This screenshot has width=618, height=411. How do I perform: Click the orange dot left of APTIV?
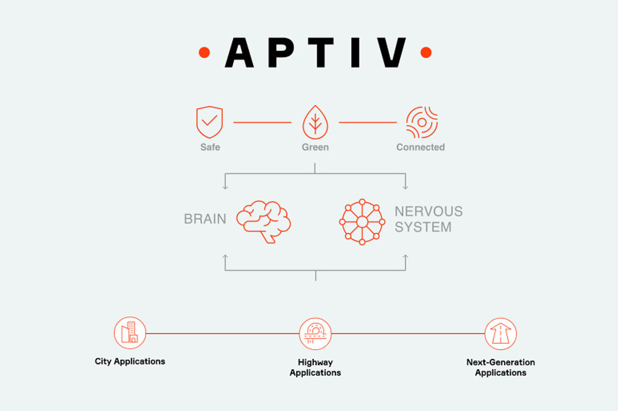click(x=204, y=53)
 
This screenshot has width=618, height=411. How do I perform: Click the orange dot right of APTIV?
click(x=426, y=53)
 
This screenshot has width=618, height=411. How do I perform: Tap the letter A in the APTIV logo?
click(x=239, y=53)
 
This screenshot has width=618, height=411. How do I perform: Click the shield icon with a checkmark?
click(x=210, y=122)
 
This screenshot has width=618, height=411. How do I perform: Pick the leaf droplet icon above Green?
click(x=315, y=122)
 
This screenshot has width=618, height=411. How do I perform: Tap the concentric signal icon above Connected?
click(x=421, y=122)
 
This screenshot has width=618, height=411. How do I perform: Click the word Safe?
click(x=210, y=147)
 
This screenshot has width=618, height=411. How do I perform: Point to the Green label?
click(x=315, y=147)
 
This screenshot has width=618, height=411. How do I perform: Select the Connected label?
click(x=421, y=147)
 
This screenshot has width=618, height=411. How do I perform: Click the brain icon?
click(x=264, y=221)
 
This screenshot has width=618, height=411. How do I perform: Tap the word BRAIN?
click(x=205, y=219)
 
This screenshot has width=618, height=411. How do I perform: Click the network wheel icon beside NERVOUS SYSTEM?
click(x=362, y=222)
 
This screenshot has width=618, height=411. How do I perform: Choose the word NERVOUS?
click(x=428, y=211)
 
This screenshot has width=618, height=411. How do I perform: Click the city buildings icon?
click(x=130, y=333)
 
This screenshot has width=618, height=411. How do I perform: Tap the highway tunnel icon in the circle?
click(x=315, y=334)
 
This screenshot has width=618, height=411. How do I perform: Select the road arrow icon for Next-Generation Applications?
click(x=501, y=334)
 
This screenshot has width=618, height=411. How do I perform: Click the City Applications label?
click(x=130, y=361)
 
